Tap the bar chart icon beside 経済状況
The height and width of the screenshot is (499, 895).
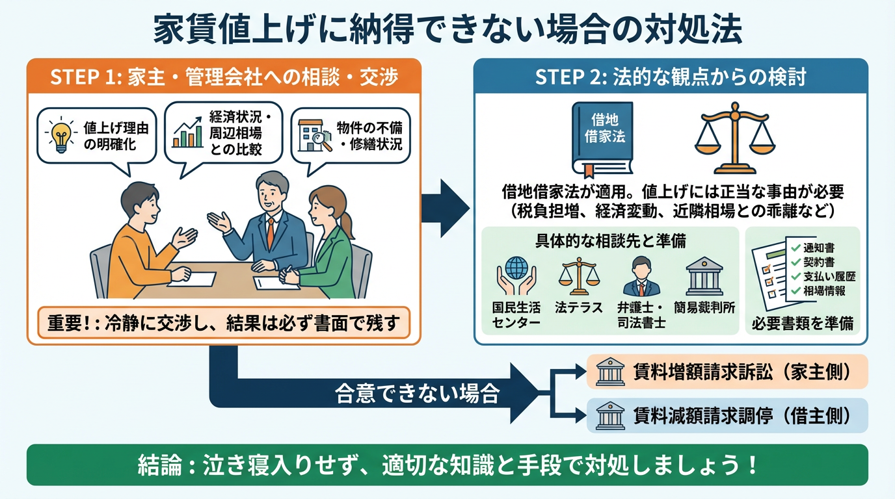(187, 133)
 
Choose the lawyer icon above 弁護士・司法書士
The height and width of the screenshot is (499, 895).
(641, 277)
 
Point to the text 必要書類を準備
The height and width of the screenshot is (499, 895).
(803, 323)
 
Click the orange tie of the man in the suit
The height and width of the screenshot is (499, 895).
(269, 233)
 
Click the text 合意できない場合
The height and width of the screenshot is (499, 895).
(417, 394)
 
